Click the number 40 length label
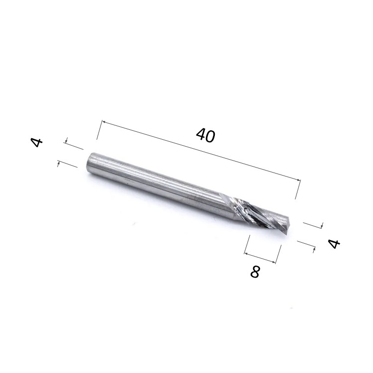pos(206,135)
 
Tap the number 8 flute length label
pos(255,272)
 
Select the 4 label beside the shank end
pos(37,142)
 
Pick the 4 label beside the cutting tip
pos(334,244)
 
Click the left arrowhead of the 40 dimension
pos(104,122)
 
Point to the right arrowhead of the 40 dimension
pos(298,180)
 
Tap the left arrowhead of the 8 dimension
pos(246,254)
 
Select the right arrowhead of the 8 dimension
pos(274,262)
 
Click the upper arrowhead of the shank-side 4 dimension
pos(67,141)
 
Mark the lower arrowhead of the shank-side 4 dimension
pos(59,164)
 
